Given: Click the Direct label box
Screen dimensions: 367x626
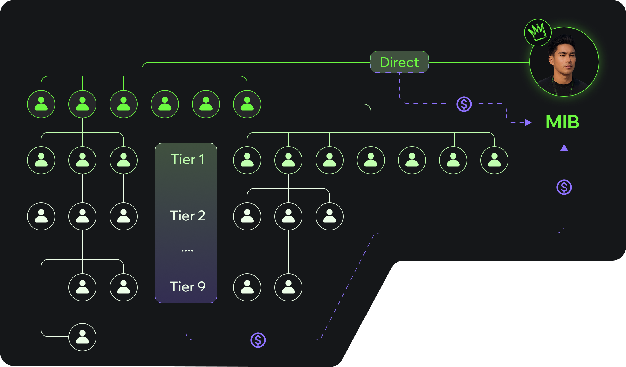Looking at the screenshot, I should pyautogui.click(x=399, y=62).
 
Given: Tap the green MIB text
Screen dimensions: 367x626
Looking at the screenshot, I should pyautogui.click(x=562, y=122).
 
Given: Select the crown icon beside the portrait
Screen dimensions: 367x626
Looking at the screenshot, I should pyautogui.click(x=538, y=32).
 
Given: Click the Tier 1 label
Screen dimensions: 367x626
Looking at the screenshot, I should pyautogui.click(x=187, y=159).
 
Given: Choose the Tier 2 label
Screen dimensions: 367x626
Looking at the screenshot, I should pyautogui.click(x=187, y=216).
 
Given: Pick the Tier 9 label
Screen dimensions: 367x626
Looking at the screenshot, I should pyautogui.click(x=187, y=287).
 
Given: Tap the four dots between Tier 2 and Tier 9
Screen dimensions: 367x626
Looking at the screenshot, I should pyautogui.click(x=187, y=250).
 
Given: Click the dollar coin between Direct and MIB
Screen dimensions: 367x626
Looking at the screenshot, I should pyautogui.click(x=464, y=104).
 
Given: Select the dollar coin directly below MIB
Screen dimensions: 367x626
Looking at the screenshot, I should pyautogui.click(x=564, y=188).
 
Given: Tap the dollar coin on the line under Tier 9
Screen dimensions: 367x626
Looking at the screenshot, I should pyautogui.click(x=258, y=340).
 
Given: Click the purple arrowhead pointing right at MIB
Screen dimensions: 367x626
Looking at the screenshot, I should pyautogui.click(x=528, y=123).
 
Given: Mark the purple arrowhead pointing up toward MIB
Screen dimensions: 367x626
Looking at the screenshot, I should pyautogui.click(x=564, y=148).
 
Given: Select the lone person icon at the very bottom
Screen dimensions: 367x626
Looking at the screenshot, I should pyautogui.click(x=82, y=337).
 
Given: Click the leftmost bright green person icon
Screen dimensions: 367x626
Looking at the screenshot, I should pyautogui.click(x=41, y=104).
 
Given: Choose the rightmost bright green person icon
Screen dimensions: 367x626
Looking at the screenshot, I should pyautogui.click(x=247, y=104).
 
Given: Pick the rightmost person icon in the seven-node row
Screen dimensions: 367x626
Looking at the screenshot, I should pyautogui.click(x=494, y=160).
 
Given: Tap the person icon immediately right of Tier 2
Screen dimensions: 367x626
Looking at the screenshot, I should pyautogui.click(x=247, y=216).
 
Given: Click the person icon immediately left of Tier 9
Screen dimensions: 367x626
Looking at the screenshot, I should pyautogui.click(x=124, y=287).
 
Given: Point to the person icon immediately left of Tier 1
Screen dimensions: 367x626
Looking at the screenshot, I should pyautogui.click(x=124, y=160).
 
